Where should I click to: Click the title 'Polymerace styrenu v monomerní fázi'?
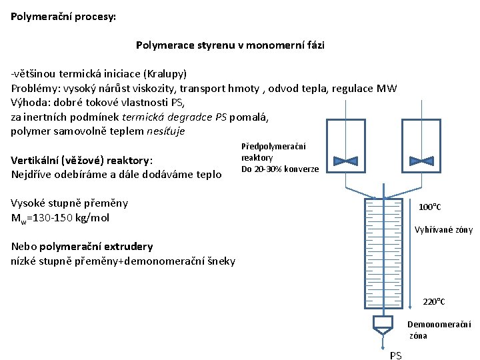(230, 45)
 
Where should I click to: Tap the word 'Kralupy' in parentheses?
(165, 73)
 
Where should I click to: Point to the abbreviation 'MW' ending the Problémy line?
(387, 88)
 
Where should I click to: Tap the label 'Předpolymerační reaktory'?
(273, 152)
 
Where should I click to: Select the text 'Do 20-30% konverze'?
(280, 169)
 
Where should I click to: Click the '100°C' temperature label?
(430, 207)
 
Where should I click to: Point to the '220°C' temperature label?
(434, 302)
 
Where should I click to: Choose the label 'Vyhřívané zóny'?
(443, 230)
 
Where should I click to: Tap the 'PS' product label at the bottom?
(395, 355)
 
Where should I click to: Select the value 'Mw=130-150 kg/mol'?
(60, 218)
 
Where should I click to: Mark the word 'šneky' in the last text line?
(219, 261)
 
